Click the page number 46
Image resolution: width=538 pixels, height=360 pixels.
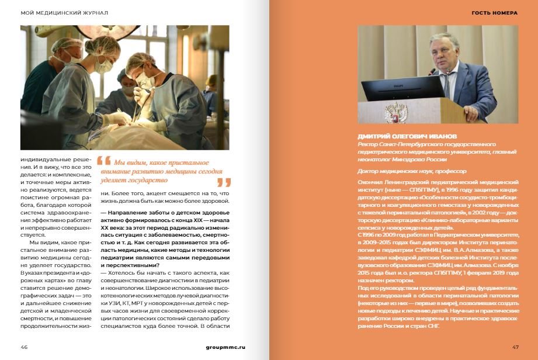pos(24,347)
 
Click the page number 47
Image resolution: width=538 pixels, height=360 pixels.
pos(515,347)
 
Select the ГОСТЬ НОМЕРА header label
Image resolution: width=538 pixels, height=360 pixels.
pos(494,12)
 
